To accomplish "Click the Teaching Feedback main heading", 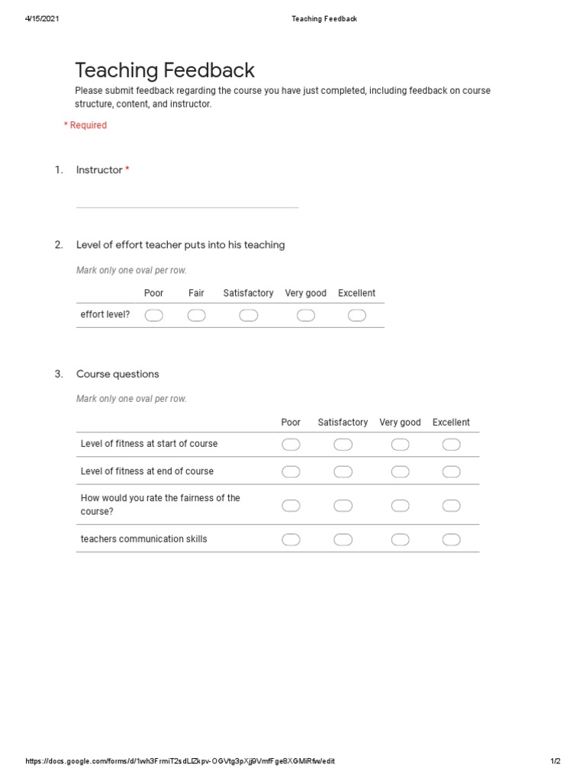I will (165, 71).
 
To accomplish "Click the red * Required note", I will (85, 125).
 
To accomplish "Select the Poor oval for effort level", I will (154, 316).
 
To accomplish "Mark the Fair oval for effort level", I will (196, 316).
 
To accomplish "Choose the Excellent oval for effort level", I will (357, 316).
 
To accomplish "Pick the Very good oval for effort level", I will (306, 316).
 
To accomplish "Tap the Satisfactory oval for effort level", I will (249, 316).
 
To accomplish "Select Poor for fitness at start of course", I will (291, 445).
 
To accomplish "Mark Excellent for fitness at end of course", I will (451, 472).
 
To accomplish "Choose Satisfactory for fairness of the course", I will (343, 505).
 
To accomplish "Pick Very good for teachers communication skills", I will (401, 540).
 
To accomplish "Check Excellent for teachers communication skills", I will (451, 540).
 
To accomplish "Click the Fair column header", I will (196, 293).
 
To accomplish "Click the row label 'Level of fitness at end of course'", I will (147, 471).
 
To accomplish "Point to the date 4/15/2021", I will (42, 19).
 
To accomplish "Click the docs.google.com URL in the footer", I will (180, 761).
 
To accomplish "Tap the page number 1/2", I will (555, 761).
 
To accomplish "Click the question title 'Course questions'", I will (118, 374).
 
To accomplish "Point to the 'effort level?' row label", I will (105, 314).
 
